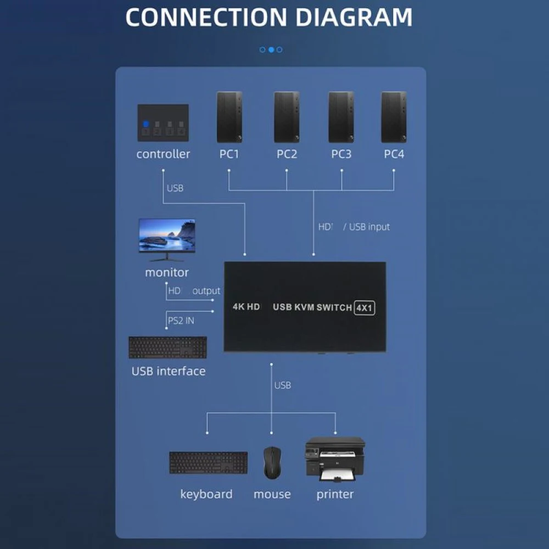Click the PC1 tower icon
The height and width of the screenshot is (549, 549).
pyautogui.click(x=229, y=117)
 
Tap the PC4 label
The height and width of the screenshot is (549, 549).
pyautogui.click(x=394, y=154)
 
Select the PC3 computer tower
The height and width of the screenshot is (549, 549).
pyautogui.click(x=341, y=117)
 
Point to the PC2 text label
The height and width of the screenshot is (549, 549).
pyautogui.click(x=287, y=154)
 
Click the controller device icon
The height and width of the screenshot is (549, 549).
pyautogui.click(x=163, y=124)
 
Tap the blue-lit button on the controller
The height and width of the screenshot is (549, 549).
pyautogui.click(x=146, y=124)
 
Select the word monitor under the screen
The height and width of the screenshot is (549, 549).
pyautogui.click(x=166, y=272)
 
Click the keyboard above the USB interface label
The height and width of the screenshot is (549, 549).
pyautogui.click(x=167, y=348)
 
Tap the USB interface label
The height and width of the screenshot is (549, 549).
pyautogui.click(x=168, y=371)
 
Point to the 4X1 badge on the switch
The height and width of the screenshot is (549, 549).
pyautogui.click(x=364, y=307)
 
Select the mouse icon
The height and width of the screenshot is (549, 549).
pyautogui.click(x=271, y=462)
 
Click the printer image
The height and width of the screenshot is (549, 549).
pyautogui.click(x=335, y=459)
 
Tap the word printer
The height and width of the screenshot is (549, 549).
pyautogui.click(x=335, y=494)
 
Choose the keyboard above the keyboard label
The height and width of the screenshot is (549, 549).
pyautogui.click(x=208, y=463)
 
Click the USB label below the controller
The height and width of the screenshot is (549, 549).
pyautogui.click(x=175, y=188)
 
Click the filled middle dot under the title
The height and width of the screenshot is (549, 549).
pyautogui.click(x=271, y=49)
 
